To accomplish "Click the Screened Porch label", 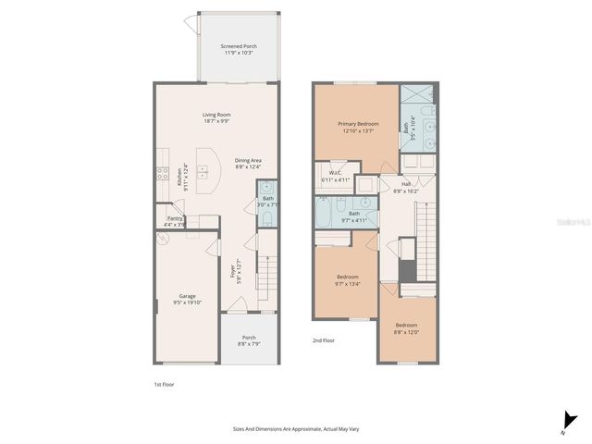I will (x=239, y=49).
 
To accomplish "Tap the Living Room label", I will (x=216, y=117).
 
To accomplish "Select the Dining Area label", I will (x=248, y=163).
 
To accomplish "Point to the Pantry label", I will (x=174, y=221).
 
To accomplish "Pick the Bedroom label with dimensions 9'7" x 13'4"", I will (x=347, y=279).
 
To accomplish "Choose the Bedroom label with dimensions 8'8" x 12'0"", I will (x=407, y=328).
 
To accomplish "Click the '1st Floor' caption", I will (x=164, y=384).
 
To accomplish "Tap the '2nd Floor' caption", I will (x=324, y=340).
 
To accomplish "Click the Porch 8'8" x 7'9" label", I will (x=249, y=340).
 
